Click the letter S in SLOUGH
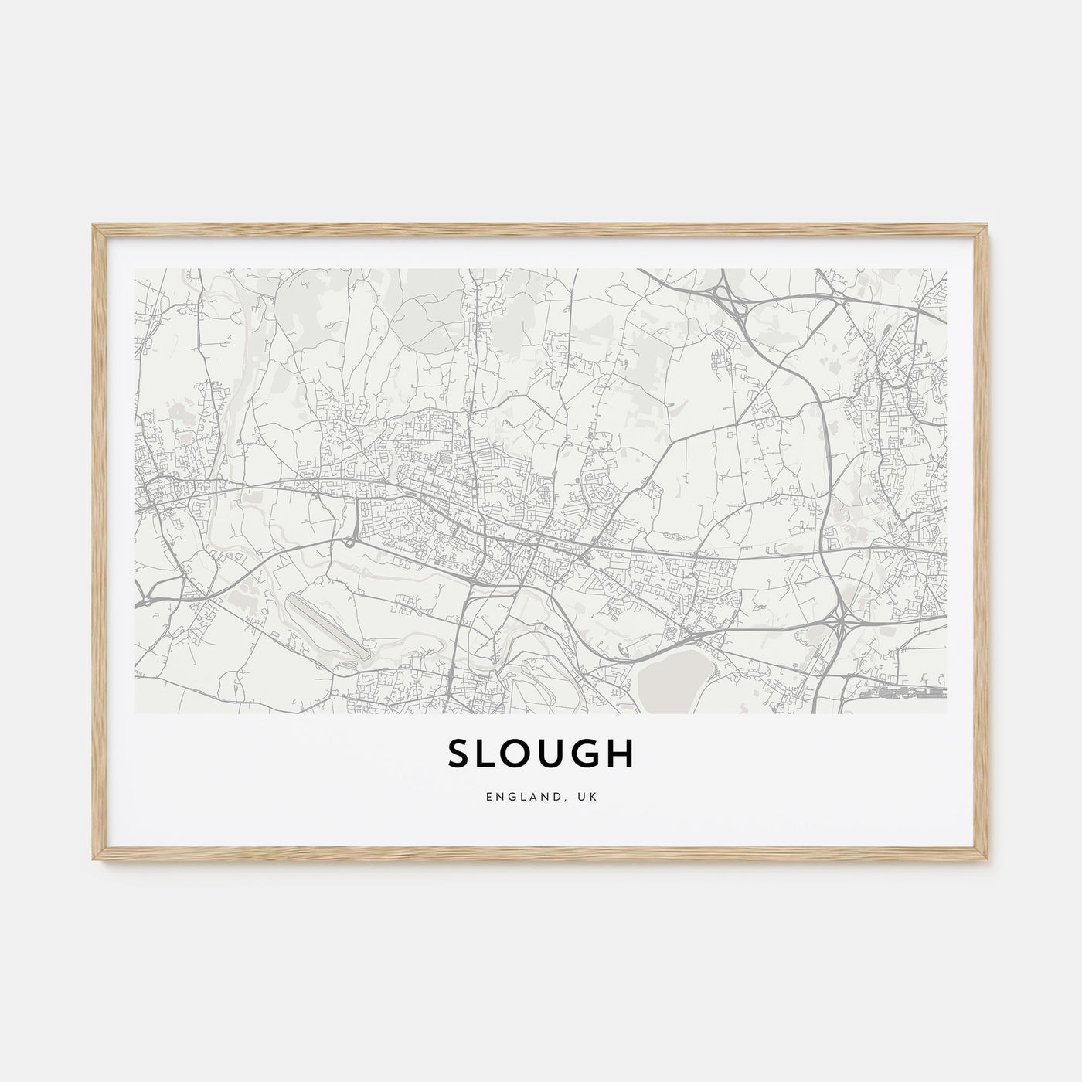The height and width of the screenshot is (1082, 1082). [x=459, y=755]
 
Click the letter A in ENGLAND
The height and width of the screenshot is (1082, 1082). [x=541, y=794]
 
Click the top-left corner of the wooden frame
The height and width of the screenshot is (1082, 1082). [x=94, y=226]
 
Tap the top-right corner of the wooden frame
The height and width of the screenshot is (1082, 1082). [x=988, y=226]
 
